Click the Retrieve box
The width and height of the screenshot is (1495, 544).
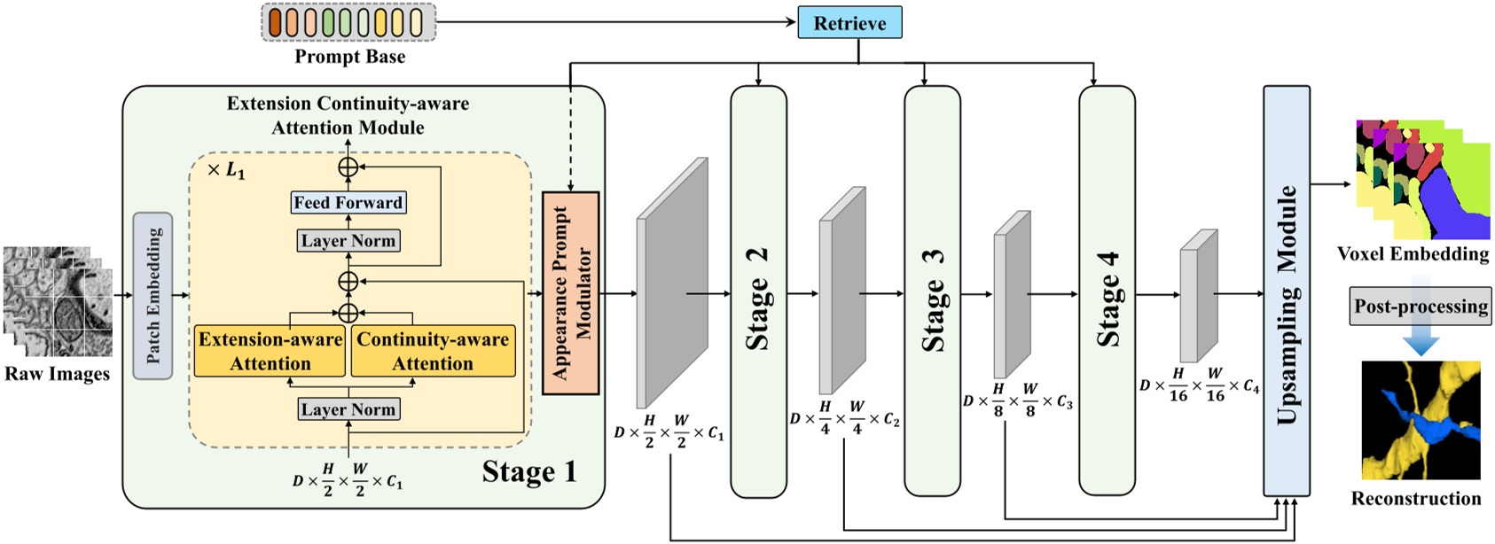tap(849, 23)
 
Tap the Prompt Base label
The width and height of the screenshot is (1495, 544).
tap(349, 57)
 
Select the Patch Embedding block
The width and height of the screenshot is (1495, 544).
tap(153, 296)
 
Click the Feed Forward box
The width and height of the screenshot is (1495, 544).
tap(348, 203)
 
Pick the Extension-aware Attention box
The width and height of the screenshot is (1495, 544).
tap(270, 351)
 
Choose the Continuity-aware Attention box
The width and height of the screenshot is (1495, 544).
tap(433, 351)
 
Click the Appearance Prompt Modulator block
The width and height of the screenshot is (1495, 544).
tap(570, 293)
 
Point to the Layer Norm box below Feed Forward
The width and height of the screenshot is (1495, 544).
tap(348, 241)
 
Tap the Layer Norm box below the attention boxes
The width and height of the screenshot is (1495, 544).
tap(348, 409)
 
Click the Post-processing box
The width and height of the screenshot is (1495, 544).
tap(1420, 307)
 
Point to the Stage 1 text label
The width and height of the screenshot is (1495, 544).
tap(528, 471)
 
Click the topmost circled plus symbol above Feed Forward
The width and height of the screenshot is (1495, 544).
tap(348, 167)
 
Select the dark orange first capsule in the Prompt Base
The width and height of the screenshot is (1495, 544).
tap(275, 22)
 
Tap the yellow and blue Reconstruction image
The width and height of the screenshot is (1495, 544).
tap(1421, 420)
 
